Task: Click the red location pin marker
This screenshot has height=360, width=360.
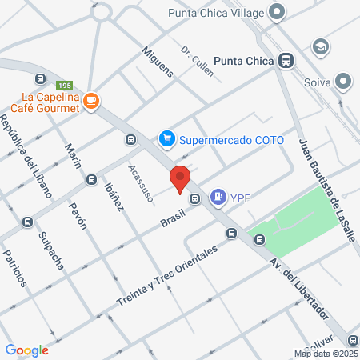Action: coord(180,178)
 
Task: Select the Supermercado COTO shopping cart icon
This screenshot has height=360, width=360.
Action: coord(167,139)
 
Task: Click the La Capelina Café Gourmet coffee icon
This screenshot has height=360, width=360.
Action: coord(92,100)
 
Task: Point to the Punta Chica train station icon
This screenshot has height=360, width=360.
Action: coord(286,60)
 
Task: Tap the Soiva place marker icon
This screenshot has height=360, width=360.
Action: coord(343,82)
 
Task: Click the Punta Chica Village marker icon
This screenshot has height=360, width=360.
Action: coord(278,12)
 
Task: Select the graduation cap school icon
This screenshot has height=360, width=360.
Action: coord(322,46)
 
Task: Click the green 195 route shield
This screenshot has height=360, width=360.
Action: coord(65,85)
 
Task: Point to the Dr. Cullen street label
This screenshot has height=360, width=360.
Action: coord(197,62)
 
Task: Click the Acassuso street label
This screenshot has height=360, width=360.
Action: coord(140,183)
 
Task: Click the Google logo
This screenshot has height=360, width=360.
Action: coord(26,350)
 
